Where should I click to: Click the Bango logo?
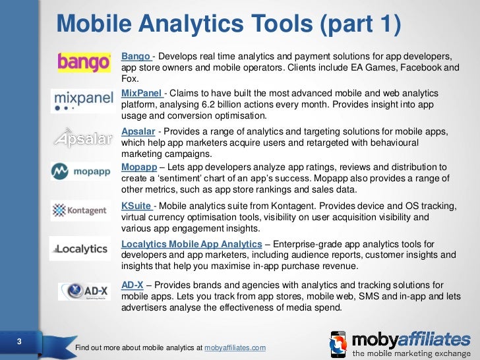[84, 62]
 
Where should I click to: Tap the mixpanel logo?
[82, 102]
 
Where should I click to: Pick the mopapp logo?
[83, 173]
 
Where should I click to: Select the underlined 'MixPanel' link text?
[142, 94]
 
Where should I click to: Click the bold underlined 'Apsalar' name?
[140, 130]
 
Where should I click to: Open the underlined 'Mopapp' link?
[140, 167]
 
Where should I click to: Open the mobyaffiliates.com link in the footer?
[235, 347]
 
